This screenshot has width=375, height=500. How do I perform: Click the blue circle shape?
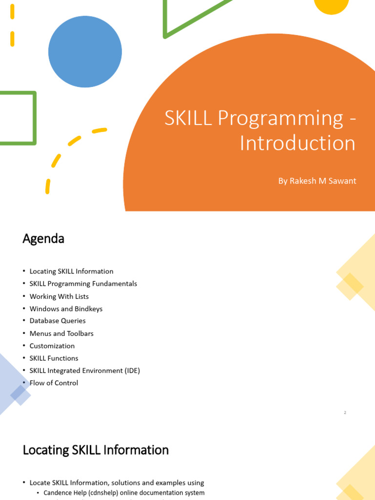click(x=85, y=51)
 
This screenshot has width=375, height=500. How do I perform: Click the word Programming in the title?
click(x=280, y=119)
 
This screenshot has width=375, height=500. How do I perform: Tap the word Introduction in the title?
click(x=297, y=143)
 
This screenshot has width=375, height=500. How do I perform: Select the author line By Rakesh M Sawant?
click(x=317, y=181)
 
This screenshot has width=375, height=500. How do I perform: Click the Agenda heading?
click(x=43, y=239)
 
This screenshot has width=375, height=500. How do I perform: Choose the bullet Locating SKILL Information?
click(x=71, y=271)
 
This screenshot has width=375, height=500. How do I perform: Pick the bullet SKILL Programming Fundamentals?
click(x=83, y=284)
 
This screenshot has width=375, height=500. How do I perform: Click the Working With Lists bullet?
click(x=59, y=296)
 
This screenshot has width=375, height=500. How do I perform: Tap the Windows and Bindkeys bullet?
click(x=66, y=309)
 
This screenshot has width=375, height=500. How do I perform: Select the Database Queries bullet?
click(x=58, y=321)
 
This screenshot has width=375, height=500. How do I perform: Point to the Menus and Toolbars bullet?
click(x=62, y=333)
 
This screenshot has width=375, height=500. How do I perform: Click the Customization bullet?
click(x=52, y=346)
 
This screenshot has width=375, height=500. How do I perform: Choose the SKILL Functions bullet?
click(x=54, y=358)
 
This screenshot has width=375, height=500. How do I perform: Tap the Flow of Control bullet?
click(x=54, y=383)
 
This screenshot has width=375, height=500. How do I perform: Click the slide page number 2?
click(x=345, y=413)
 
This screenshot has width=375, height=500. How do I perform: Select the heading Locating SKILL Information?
click(x=96, y=450)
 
